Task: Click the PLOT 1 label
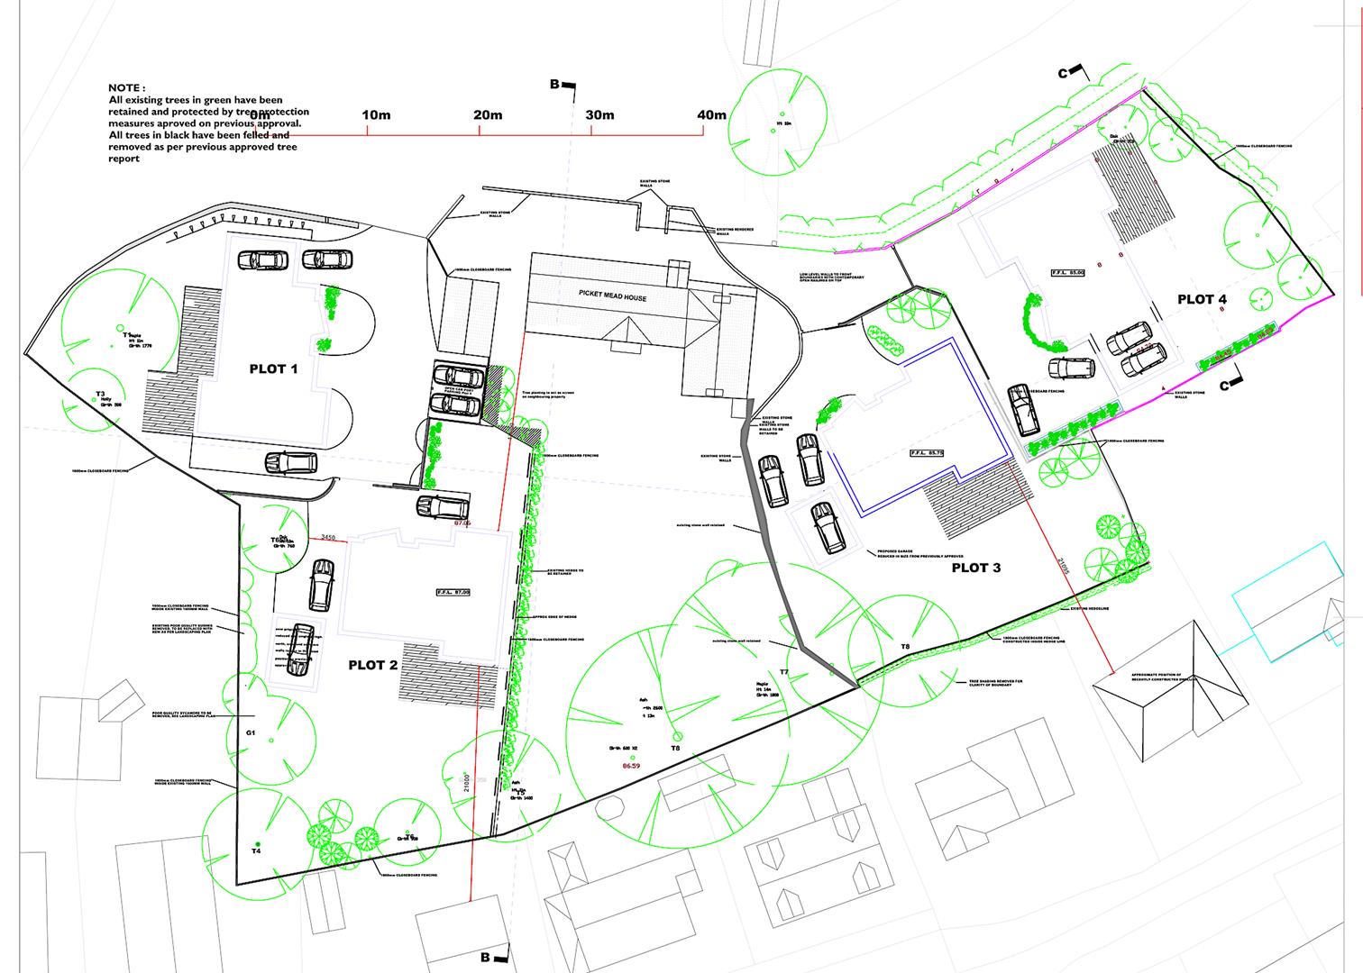point(273,369)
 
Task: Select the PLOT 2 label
point(373,666)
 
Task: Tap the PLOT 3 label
point(975,568)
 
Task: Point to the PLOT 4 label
point(1202,299)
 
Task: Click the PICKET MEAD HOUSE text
point(613,297)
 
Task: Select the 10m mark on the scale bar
point(376,115)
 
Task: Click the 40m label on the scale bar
point(710,115)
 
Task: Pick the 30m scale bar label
point(599,115)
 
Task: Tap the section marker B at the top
point(556,85)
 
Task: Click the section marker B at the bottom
point(486,958)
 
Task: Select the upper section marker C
point(1064,73)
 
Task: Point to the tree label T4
point(256,851)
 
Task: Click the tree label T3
point(100,395)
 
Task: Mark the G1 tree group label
point(251,733)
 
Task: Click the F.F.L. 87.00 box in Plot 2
point(453,592)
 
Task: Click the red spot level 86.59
point(631,767)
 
